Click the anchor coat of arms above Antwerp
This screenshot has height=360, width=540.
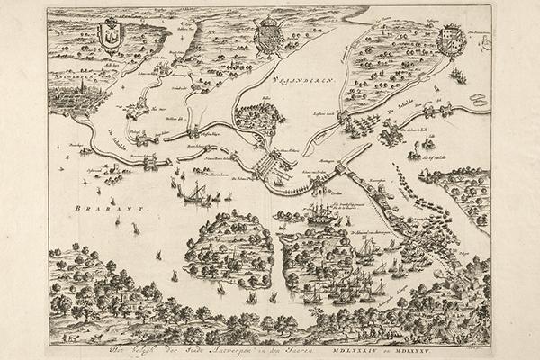[x=109, y=37]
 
